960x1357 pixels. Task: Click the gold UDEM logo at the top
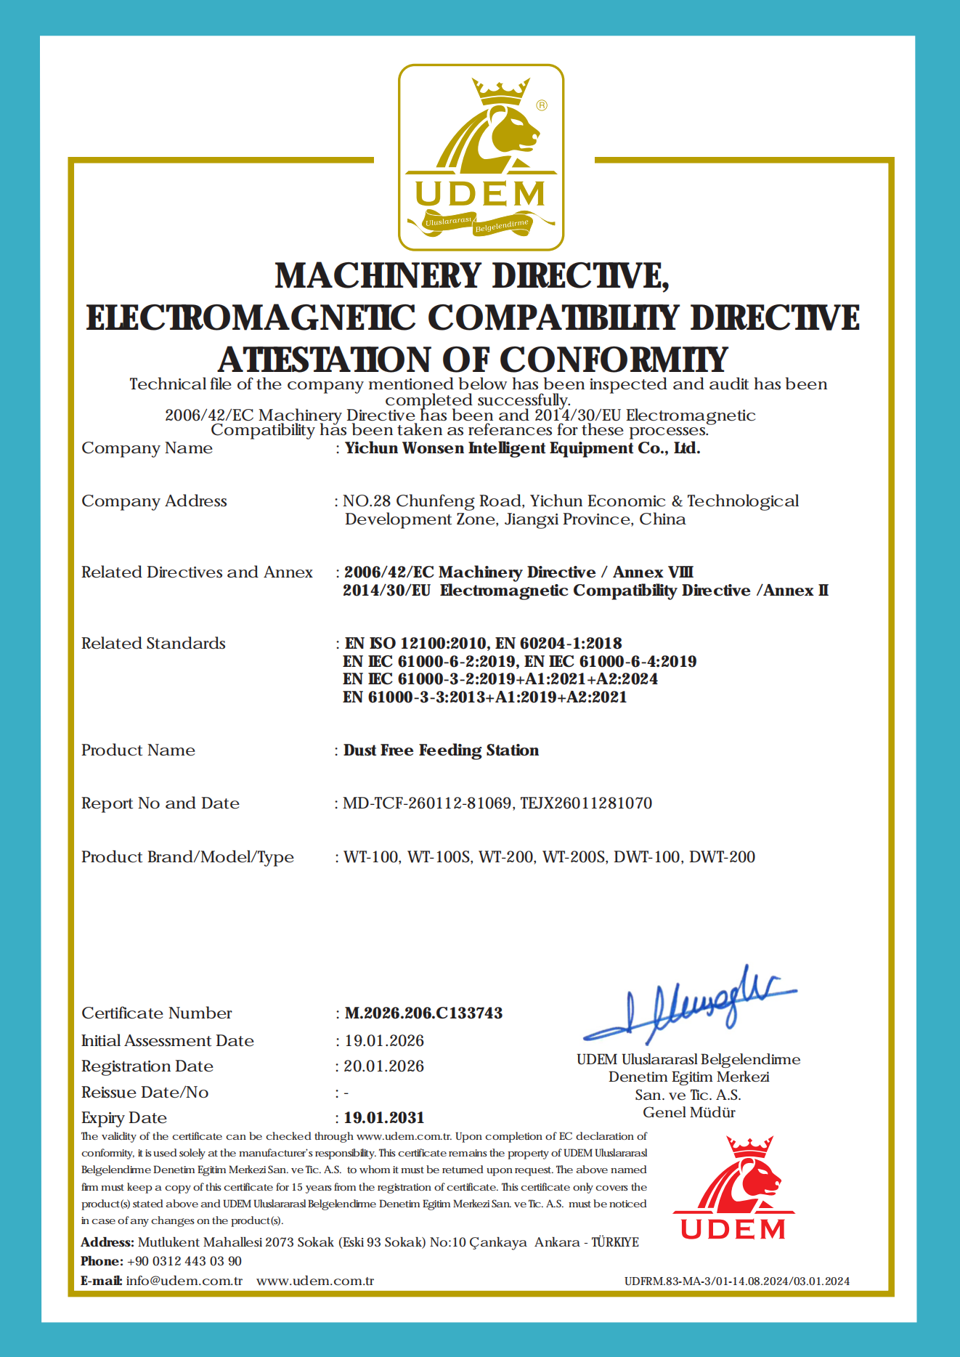pos(481,158)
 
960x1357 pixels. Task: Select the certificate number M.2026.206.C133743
pos(423,1013)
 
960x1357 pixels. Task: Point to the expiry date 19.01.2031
pos(384,1117)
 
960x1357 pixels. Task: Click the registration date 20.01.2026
pos(384,1066)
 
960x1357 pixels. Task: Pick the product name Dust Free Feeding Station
pos(441,750)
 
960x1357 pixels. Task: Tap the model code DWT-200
pos(722,856)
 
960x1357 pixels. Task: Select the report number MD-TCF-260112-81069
pos(427,803)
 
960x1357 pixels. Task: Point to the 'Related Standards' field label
pos(153,643)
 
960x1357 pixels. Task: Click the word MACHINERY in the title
pos(378,276)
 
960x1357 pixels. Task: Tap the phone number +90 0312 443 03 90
pos(184,1261)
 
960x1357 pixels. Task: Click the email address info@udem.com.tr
pos(184,1281)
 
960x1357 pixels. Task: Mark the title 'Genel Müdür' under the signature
pos(689,1112)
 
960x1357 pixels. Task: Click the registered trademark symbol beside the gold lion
pos(542,105)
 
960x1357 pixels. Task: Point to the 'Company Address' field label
pos(154,501)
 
